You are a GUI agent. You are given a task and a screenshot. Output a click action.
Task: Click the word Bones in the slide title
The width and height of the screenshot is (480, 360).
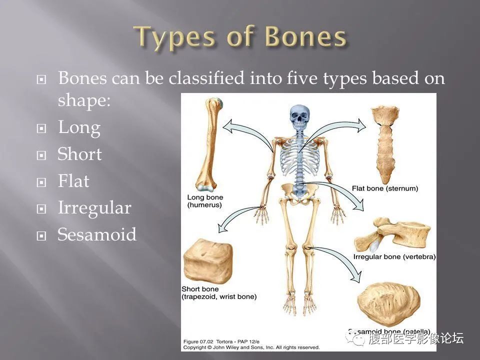click(x=305, y=37)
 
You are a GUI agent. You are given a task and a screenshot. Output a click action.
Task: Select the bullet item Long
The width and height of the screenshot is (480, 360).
click(x=79, y=128)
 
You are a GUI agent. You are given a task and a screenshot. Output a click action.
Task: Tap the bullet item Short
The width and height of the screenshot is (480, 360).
click(x=79, y=154)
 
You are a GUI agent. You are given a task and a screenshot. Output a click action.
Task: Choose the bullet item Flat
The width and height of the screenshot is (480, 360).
click(x=73, y=181)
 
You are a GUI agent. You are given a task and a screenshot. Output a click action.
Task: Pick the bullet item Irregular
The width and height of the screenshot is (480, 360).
click(x=94, y=207)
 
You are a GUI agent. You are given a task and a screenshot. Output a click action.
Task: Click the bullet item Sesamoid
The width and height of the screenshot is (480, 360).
click(x=96, y=234)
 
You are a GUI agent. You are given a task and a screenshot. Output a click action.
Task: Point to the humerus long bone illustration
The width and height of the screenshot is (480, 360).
click(x=209, y=145)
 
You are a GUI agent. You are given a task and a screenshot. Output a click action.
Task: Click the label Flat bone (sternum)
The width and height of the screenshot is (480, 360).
click(x=384, y=189)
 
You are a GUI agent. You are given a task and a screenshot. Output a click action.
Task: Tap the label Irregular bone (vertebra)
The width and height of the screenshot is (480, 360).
click(x=394, y=257)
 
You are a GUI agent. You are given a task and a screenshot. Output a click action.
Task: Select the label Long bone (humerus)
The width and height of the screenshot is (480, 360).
click(x=204, y=201)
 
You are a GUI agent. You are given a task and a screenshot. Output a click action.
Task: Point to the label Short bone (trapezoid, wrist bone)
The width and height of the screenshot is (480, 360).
click(x=218, y=293)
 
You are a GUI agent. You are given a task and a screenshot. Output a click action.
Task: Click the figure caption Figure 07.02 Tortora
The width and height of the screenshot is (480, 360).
click(x=220, y=342)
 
